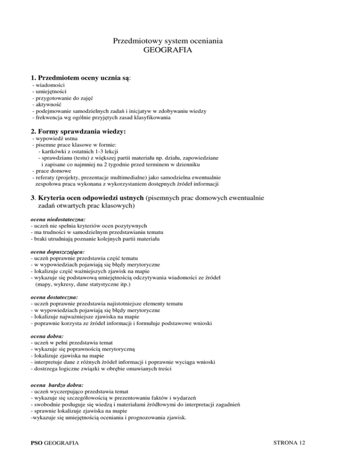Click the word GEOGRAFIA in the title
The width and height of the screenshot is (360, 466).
[167, 50]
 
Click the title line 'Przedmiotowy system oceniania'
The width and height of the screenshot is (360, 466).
[167, 41]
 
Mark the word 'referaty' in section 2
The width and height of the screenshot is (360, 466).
[45, 178]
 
